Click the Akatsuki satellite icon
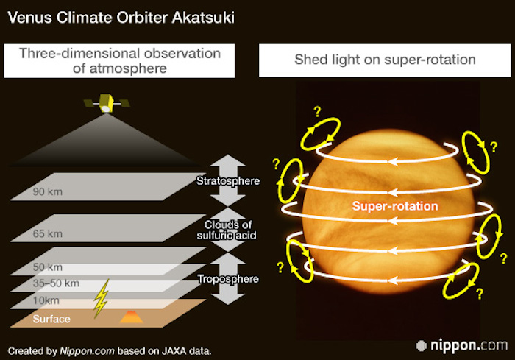pos(107,103)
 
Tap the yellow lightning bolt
pos(102,298)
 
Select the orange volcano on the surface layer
pos(132,317)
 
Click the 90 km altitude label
pos(48,191)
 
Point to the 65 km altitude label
pos(48,234)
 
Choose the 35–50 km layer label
pos(56,283)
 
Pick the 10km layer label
pos(46,300)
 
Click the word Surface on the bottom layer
pos(51,319)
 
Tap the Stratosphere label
pos(228,181)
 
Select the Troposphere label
pos(228,279)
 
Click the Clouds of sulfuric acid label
pos(227,230)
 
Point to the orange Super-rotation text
pos(395,206)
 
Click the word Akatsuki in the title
pos(203,18)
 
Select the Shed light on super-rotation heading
pos(385,60)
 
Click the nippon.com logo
pos(462,345)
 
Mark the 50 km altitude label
pos(48,267)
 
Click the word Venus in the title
pos(30,18)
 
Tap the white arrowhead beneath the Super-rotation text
pos(392,220)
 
